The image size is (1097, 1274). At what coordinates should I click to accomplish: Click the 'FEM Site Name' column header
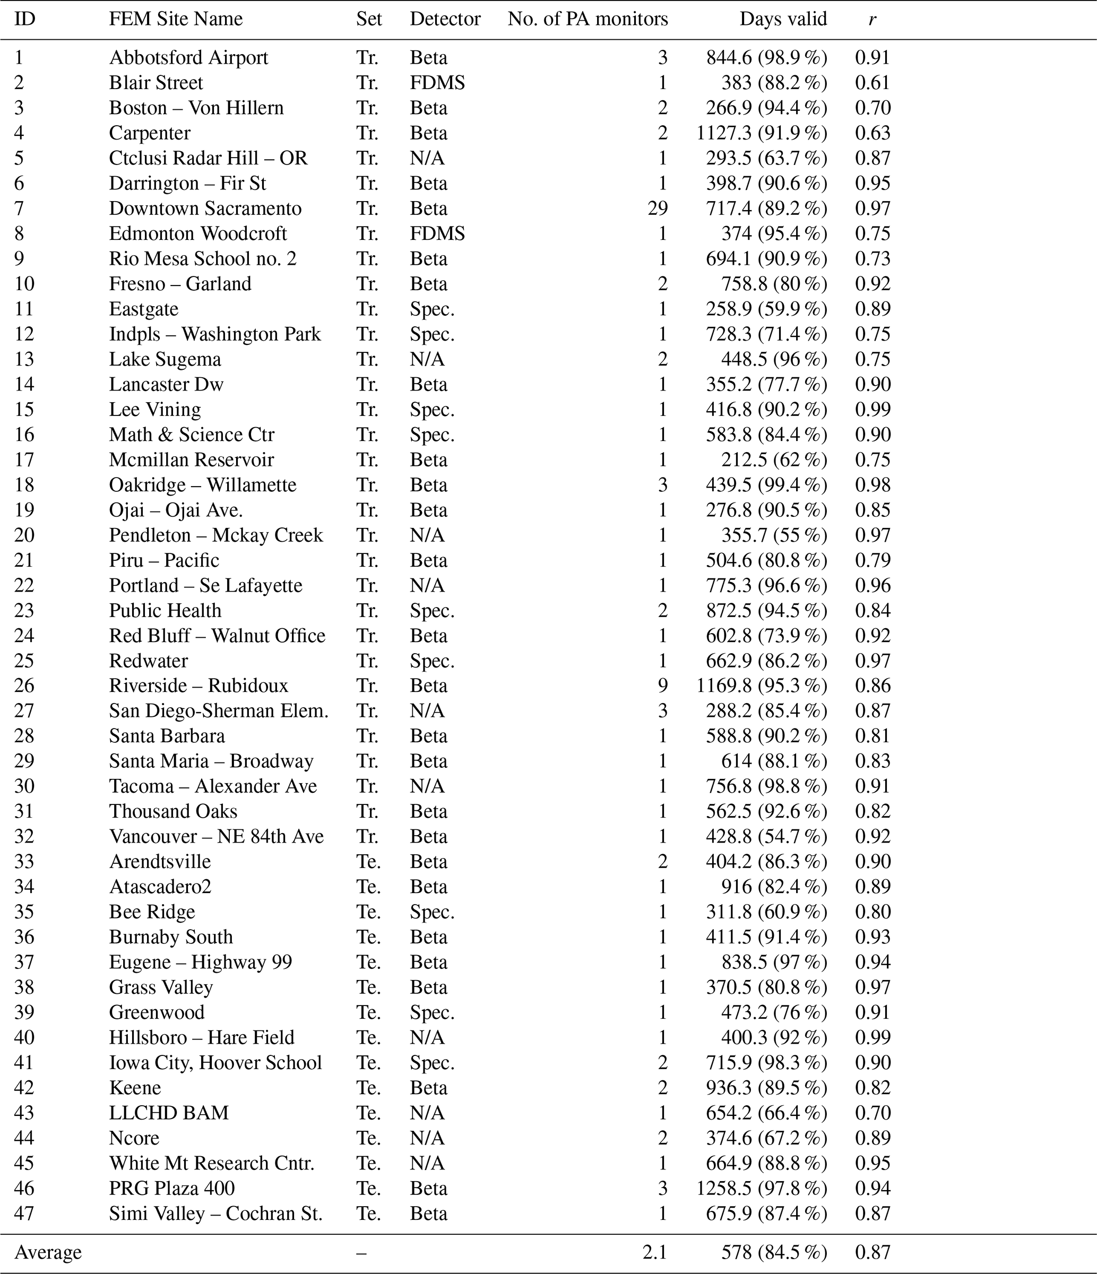point(176,19)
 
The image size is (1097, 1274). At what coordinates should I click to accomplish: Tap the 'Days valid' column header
point(783,19)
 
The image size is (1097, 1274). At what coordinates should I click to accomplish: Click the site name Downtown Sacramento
point(205,209)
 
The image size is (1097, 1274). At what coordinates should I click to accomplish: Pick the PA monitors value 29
point(658,209)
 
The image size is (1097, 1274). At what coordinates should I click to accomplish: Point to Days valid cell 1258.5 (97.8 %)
point(761,1189)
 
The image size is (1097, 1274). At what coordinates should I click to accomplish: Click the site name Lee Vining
point(155,410)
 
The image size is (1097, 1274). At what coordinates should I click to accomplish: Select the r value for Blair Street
point(873,82)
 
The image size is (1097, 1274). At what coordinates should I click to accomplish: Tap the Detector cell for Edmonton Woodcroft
point(437,233)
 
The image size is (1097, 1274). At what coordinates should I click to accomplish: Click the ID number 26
point(24,686)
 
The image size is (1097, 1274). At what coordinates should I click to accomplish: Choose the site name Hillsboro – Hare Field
point(202,1038)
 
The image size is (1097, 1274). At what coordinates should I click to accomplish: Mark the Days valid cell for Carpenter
point(761,133)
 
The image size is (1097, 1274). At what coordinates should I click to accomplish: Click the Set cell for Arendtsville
point(368,861)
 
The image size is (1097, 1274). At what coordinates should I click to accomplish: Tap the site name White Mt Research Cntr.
point(212,1163)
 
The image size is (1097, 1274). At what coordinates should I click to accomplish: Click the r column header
point(872,20)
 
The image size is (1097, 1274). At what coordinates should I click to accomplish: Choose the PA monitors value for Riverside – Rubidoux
point(662,686)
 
